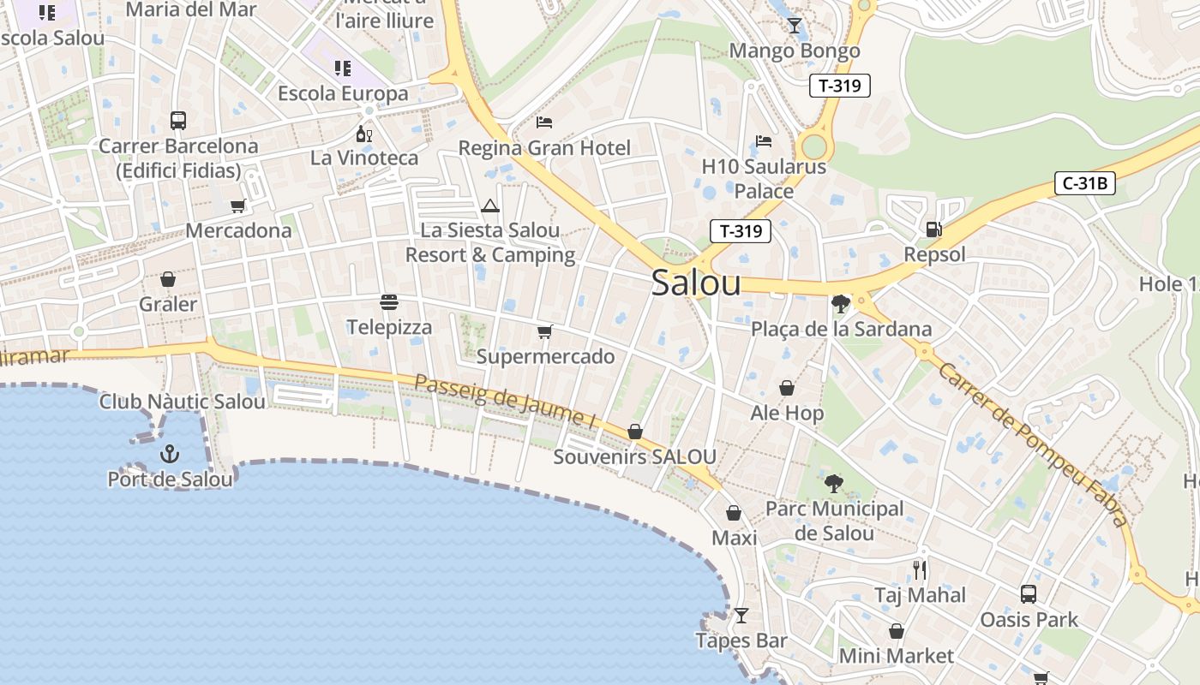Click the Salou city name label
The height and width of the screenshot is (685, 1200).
[696, 283]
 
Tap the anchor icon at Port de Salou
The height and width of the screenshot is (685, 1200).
[170, 454]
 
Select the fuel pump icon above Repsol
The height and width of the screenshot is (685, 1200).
[933, 229]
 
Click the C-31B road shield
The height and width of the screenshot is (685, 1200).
[1084, 183]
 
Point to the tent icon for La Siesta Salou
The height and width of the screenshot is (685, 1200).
[489, 205]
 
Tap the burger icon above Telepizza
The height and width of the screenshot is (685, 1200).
[389, 302]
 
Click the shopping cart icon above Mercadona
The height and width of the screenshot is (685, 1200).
[238, 205]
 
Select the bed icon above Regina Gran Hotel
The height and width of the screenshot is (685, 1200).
[544, 122]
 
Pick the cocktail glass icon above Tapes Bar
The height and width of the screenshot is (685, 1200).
[741, 616]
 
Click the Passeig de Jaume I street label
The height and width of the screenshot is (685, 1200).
[505, 401]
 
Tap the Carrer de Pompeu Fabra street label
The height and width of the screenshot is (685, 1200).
[1033, 444]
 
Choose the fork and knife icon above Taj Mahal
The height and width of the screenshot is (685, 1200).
[920, 569]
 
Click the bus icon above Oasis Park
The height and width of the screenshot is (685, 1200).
[1029, 593]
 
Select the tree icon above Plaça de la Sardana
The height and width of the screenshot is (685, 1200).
[840, 303]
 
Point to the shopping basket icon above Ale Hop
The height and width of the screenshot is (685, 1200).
[787, 388]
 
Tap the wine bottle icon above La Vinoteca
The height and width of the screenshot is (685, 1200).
[364, 134]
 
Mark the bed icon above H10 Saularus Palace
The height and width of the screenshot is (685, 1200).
[764, 140]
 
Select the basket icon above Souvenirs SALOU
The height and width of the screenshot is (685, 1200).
[635, 432]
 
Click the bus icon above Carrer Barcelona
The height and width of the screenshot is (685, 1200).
[178, 121]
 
